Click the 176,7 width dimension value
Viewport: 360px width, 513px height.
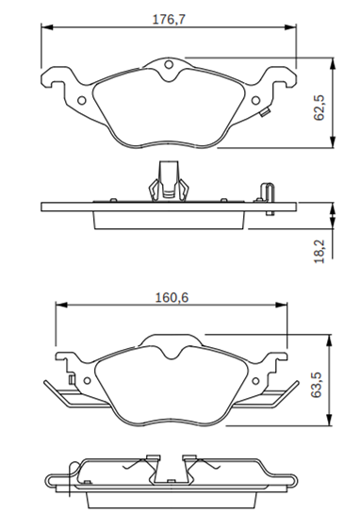[169, 19]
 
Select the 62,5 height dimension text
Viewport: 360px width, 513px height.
[319, 108]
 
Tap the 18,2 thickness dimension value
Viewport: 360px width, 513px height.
[319, 251]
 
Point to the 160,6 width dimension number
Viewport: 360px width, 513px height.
[172, 298]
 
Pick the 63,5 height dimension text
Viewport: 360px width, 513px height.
[317, 385]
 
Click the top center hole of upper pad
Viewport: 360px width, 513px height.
[169, 65]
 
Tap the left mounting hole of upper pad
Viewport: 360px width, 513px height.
[82, 100]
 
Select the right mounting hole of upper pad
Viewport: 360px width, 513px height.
[255, 100]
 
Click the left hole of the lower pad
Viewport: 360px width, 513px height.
[87, 380]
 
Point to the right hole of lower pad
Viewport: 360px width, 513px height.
[255, 380]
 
